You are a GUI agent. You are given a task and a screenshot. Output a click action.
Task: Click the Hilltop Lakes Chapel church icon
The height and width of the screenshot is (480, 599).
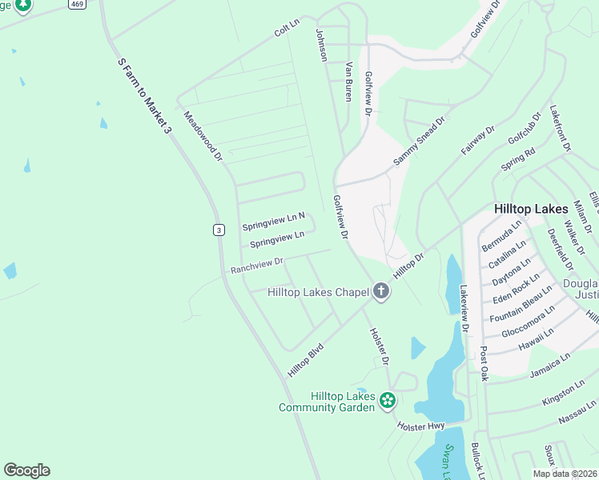381,292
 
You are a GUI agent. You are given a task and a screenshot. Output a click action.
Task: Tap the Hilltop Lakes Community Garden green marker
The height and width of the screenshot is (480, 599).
388,399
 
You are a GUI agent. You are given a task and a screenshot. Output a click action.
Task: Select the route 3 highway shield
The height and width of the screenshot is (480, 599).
219,230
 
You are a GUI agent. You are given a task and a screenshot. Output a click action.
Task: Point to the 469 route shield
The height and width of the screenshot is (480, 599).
76,4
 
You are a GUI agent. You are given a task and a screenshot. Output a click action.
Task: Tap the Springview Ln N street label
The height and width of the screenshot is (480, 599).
274,222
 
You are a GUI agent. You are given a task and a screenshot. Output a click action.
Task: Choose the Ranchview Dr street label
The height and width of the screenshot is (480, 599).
257,265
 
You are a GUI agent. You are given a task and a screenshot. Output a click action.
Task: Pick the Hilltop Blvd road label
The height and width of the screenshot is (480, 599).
305,360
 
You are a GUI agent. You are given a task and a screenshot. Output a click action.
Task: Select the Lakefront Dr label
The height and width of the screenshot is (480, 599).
561,128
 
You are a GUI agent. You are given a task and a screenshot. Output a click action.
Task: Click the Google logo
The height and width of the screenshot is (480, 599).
26,470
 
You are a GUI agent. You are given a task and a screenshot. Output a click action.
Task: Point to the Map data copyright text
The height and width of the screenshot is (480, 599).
564,474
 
